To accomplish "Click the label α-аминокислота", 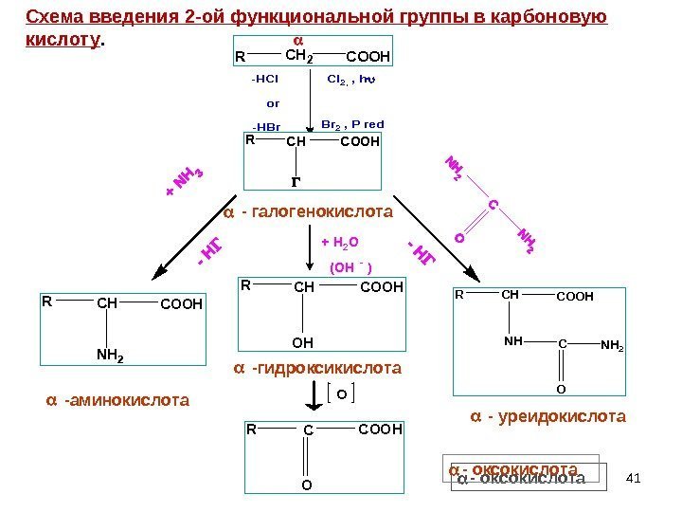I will pos(117,401).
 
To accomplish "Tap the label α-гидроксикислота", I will pos(317,367).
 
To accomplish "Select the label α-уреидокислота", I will pos(548,416).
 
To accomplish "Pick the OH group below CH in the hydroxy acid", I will pos(303,340).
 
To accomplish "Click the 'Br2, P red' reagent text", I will pos(352,124).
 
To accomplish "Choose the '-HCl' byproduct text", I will pos(264,80).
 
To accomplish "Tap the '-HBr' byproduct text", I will pos(266,127).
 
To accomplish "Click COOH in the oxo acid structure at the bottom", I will pos(381,430).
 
